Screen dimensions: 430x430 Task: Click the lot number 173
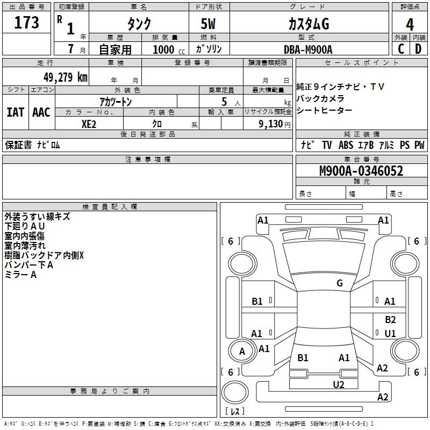pyautogui.click(x=27, y=23)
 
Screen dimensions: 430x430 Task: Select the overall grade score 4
pyautogui.click(x=410, y=24)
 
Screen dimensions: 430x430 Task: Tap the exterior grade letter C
pyautogui.click(x=400, y=49)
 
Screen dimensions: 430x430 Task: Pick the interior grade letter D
pyautogui.click(x=418, y=49)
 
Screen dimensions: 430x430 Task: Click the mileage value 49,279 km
pyautogui.click(x=63, y=77)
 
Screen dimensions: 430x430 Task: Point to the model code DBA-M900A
pyautogui.click(x=308, y=49)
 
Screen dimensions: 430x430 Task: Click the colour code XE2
pyautogui.click(x=89, y=124)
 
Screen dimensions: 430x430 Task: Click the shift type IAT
pyautogui.click(x=15, y=112)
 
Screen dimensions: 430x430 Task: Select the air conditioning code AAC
pyautogui.click(x=41, y=112)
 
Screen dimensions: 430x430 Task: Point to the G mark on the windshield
pyautogui.click(x=339, y=283)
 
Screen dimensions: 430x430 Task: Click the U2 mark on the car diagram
pyautogui.click(x=338, y=384)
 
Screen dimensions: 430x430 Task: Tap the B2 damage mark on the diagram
pyautogui.click(x=390, y=319)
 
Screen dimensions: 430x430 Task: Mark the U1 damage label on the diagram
pyautogui.click(x=390, y=334)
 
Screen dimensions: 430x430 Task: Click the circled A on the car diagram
pyautogui.click(x=242, y=352)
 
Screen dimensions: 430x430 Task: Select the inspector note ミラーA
pyautogui.click(x=20, y=275)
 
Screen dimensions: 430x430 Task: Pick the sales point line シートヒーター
pyautogui.click(x=325, y=110)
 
